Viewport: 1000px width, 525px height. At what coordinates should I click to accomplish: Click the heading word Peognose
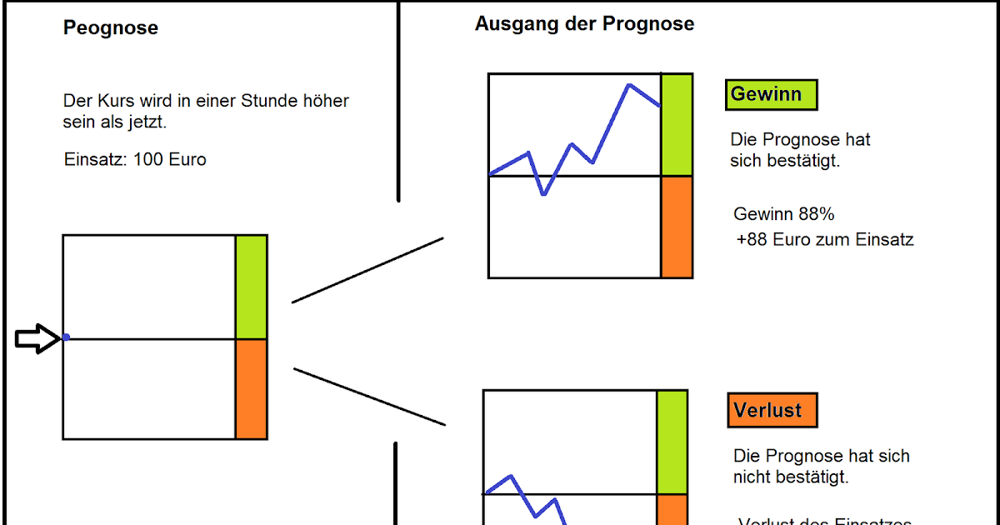111,28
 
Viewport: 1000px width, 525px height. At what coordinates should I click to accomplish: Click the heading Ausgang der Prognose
584,23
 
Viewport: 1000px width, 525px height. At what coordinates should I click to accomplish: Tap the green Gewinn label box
771,94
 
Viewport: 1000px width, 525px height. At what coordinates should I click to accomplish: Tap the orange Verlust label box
772,410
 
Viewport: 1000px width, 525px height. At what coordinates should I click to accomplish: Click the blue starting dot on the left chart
66,337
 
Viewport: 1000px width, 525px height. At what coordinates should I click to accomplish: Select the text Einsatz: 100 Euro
135,159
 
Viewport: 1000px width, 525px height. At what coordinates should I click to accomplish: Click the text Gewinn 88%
784,214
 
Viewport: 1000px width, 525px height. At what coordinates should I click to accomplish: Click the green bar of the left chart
251,287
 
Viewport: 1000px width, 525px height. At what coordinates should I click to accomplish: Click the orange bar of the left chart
251,389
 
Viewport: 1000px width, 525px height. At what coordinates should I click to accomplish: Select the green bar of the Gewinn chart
677,125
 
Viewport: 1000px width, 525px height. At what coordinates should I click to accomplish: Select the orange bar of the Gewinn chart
677,227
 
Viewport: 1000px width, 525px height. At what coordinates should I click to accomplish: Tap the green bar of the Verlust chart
672,442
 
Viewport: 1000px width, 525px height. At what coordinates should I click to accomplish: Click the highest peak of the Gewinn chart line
629,85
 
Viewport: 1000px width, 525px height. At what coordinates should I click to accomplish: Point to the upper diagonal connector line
367,270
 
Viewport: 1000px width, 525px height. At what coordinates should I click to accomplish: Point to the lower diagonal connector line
369,397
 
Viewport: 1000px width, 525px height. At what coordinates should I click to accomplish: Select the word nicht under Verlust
752,477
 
